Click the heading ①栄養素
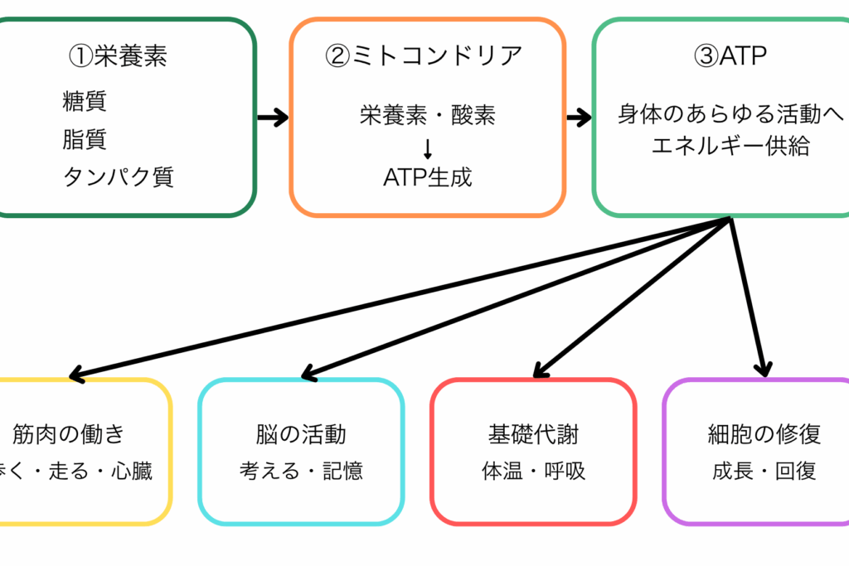[x=118, y=56]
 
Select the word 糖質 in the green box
[x=85, y=101]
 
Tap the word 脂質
[x=85, y=138]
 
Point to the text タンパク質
[x=119, y=177]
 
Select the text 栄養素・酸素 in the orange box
[x=428, y=114]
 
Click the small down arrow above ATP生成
[x=428, y=148]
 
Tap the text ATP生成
[x=428, y=177]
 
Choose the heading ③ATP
[x=730, y=56]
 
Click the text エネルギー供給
[x=730, y=146]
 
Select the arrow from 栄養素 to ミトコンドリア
[x=272, y=118]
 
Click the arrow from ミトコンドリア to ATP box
[x=578, y=118]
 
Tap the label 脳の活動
[x=301, y=433]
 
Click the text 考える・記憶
[x=301, y=472]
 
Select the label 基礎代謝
[x=534, y=433]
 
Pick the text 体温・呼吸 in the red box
[x=534, y=472]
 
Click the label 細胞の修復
[x=764, y=433]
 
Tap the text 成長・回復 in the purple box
[x=764, y=472]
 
